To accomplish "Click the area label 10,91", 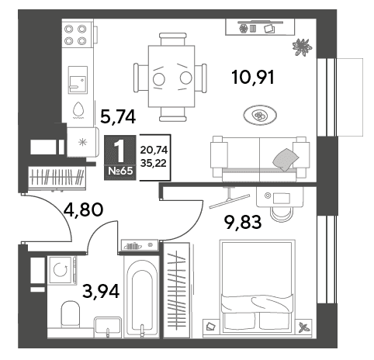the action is tap(253, 78).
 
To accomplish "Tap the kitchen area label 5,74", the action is tap(118, 116).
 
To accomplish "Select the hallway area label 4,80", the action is tap(83, 209).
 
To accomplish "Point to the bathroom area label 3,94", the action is tap(101, 291).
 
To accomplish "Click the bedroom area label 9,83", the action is tap(243, 222).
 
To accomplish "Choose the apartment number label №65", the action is tap(120, 171).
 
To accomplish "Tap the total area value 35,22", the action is tap(154, 163).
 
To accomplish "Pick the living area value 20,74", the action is tap(154, 150).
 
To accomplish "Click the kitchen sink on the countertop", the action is tap(78, 80).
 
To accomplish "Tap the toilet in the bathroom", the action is tap(70, 313).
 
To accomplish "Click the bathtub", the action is tap(141, 296).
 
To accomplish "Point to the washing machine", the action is tap(62, 270).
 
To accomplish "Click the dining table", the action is tap(171, 76).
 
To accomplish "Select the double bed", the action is tap(257, 288).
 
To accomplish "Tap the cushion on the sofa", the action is tap(286, 159).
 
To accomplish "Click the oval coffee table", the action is tap(260, 116).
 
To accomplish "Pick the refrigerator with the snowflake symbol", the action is tap(83, 142).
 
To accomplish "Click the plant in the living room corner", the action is tap(302, 47).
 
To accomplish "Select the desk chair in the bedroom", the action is tap(281, 214).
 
